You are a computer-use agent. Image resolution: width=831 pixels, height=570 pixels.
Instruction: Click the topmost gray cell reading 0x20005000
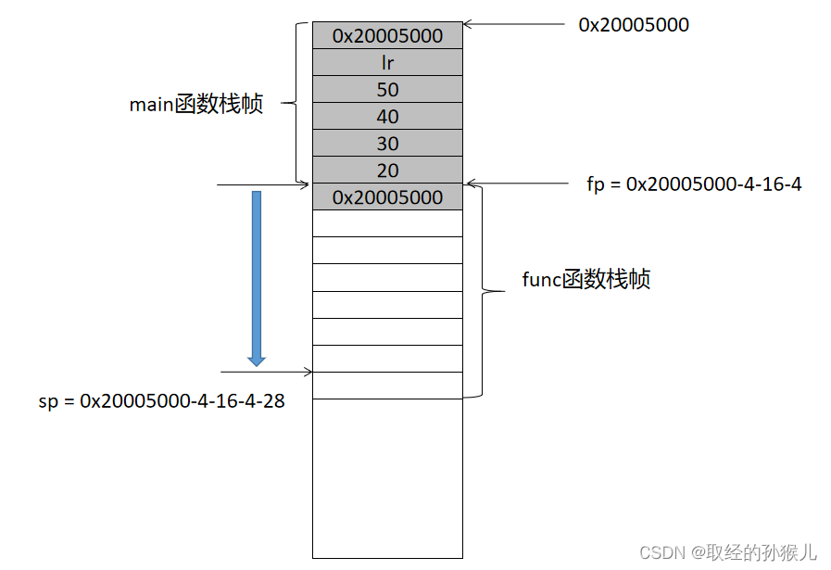pos(387,35)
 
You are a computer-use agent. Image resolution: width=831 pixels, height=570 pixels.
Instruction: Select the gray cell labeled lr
pos(387,62)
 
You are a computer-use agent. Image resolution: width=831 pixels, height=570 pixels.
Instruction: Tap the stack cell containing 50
pos(387,89)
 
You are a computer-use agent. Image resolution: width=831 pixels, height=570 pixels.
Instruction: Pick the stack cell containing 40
pos(387,116)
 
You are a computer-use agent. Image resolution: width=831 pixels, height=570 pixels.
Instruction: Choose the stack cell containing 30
pos(387,143)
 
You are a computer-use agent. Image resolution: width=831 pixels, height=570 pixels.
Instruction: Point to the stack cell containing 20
pos(387,170)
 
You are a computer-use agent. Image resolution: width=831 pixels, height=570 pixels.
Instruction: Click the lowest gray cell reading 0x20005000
pos(387,196)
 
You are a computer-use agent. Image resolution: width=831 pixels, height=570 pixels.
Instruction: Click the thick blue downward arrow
pos(257,278)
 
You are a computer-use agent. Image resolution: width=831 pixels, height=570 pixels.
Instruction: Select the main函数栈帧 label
pos(196,104)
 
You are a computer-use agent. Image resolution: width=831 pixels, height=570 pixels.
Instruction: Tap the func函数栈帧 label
pos(586,279)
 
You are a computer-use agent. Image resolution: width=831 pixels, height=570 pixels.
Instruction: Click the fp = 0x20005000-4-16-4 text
pos(694,184)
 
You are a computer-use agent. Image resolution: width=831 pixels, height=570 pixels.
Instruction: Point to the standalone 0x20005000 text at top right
pos(634,25)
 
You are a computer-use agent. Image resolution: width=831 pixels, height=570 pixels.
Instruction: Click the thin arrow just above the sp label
pos(264,372)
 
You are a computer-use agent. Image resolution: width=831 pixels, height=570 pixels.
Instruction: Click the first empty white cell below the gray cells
pos(387,223)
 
